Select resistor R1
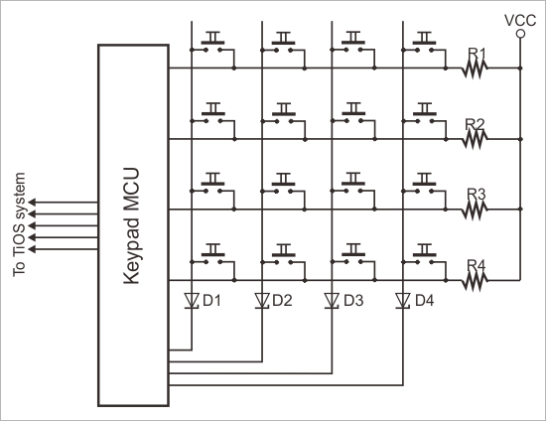[477, 68]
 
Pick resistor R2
[477, 138]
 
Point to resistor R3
[477, 209]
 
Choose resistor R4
[477, 280]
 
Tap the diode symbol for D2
[263, 299]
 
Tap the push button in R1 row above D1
[211, 44]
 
